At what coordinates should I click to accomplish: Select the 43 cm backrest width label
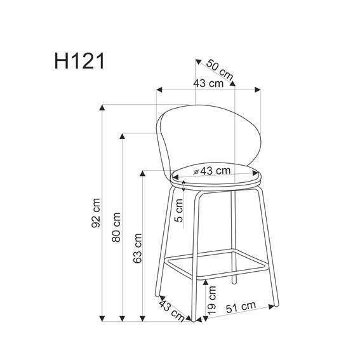tap(209, 83)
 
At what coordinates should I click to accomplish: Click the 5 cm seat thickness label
tap(180, 210)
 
